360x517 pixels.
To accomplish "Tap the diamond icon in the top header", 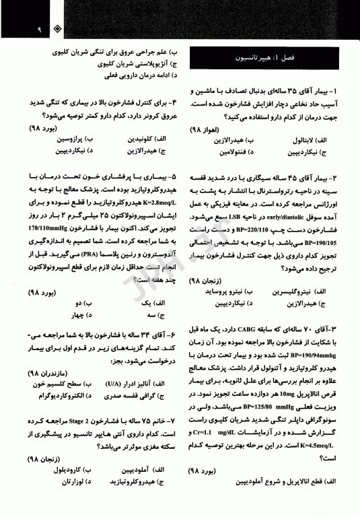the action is coord(58,30).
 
